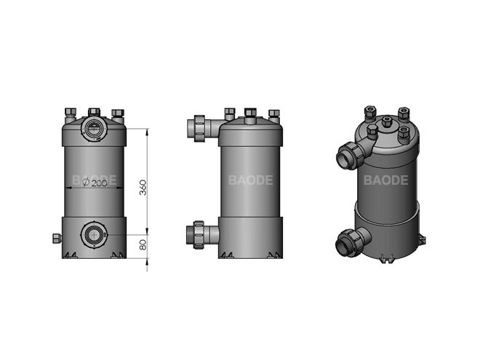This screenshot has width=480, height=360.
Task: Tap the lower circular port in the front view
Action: point(93,236)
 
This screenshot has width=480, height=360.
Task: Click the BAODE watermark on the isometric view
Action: point(385,180)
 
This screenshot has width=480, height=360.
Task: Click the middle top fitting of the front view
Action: point(94,112)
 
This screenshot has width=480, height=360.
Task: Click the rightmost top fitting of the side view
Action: point(273,113)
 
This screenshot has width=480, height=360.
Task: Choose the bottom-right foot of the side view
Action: point(274,255)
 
